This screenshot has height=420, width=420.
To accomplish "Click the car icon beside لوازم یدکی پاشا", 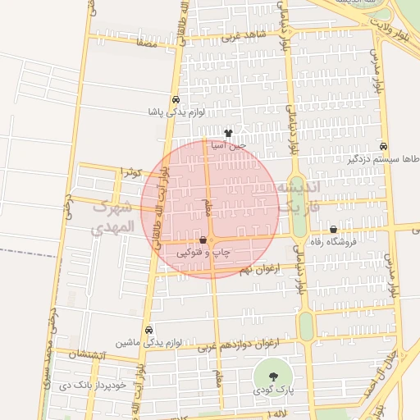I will (x=176, y=100).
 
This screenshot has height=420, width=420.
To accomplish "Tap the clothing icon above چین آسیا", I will (x=228, y=133).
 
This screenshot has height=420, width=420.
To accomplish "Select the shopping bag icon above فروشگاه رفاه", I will (x=333, y=230).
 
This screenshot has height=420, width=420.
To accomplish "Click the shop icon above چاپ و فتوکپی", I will (x=203, y=240).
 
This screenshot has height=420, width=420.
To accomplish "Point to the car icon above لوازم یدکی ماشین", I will (x=148, y=331).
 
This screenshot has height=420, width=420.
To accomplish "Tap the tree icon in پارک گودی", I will (x=272, y=377).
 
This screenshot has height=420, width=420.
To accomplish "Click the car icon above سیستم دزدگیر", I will (x=384, y=146).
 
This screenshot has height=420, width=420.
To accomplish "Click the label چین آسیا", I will (x=229, y=144).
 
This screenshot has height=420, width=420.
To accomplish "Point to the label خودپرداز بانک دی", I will (x=117, y=384).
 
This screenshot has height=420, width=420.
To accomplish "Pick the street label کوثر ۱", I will (x=132, y=171).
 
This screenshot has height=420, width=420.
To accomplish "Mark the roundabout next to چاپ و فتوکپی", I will (x=212, y=241).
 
